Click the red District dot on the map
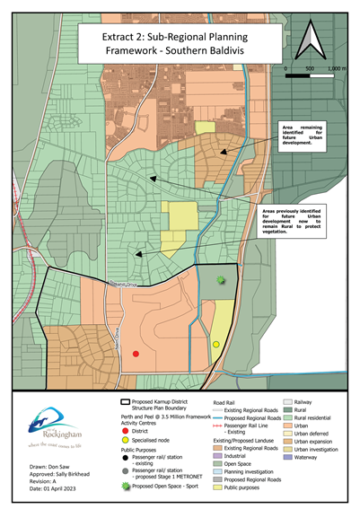click(x=136, y=354)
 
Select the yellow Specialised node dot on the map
click(x=216, y=344)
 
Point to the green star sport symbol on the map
click(x=221, y=281)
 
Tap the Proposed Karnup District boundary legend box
click(x=127, y=405)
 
